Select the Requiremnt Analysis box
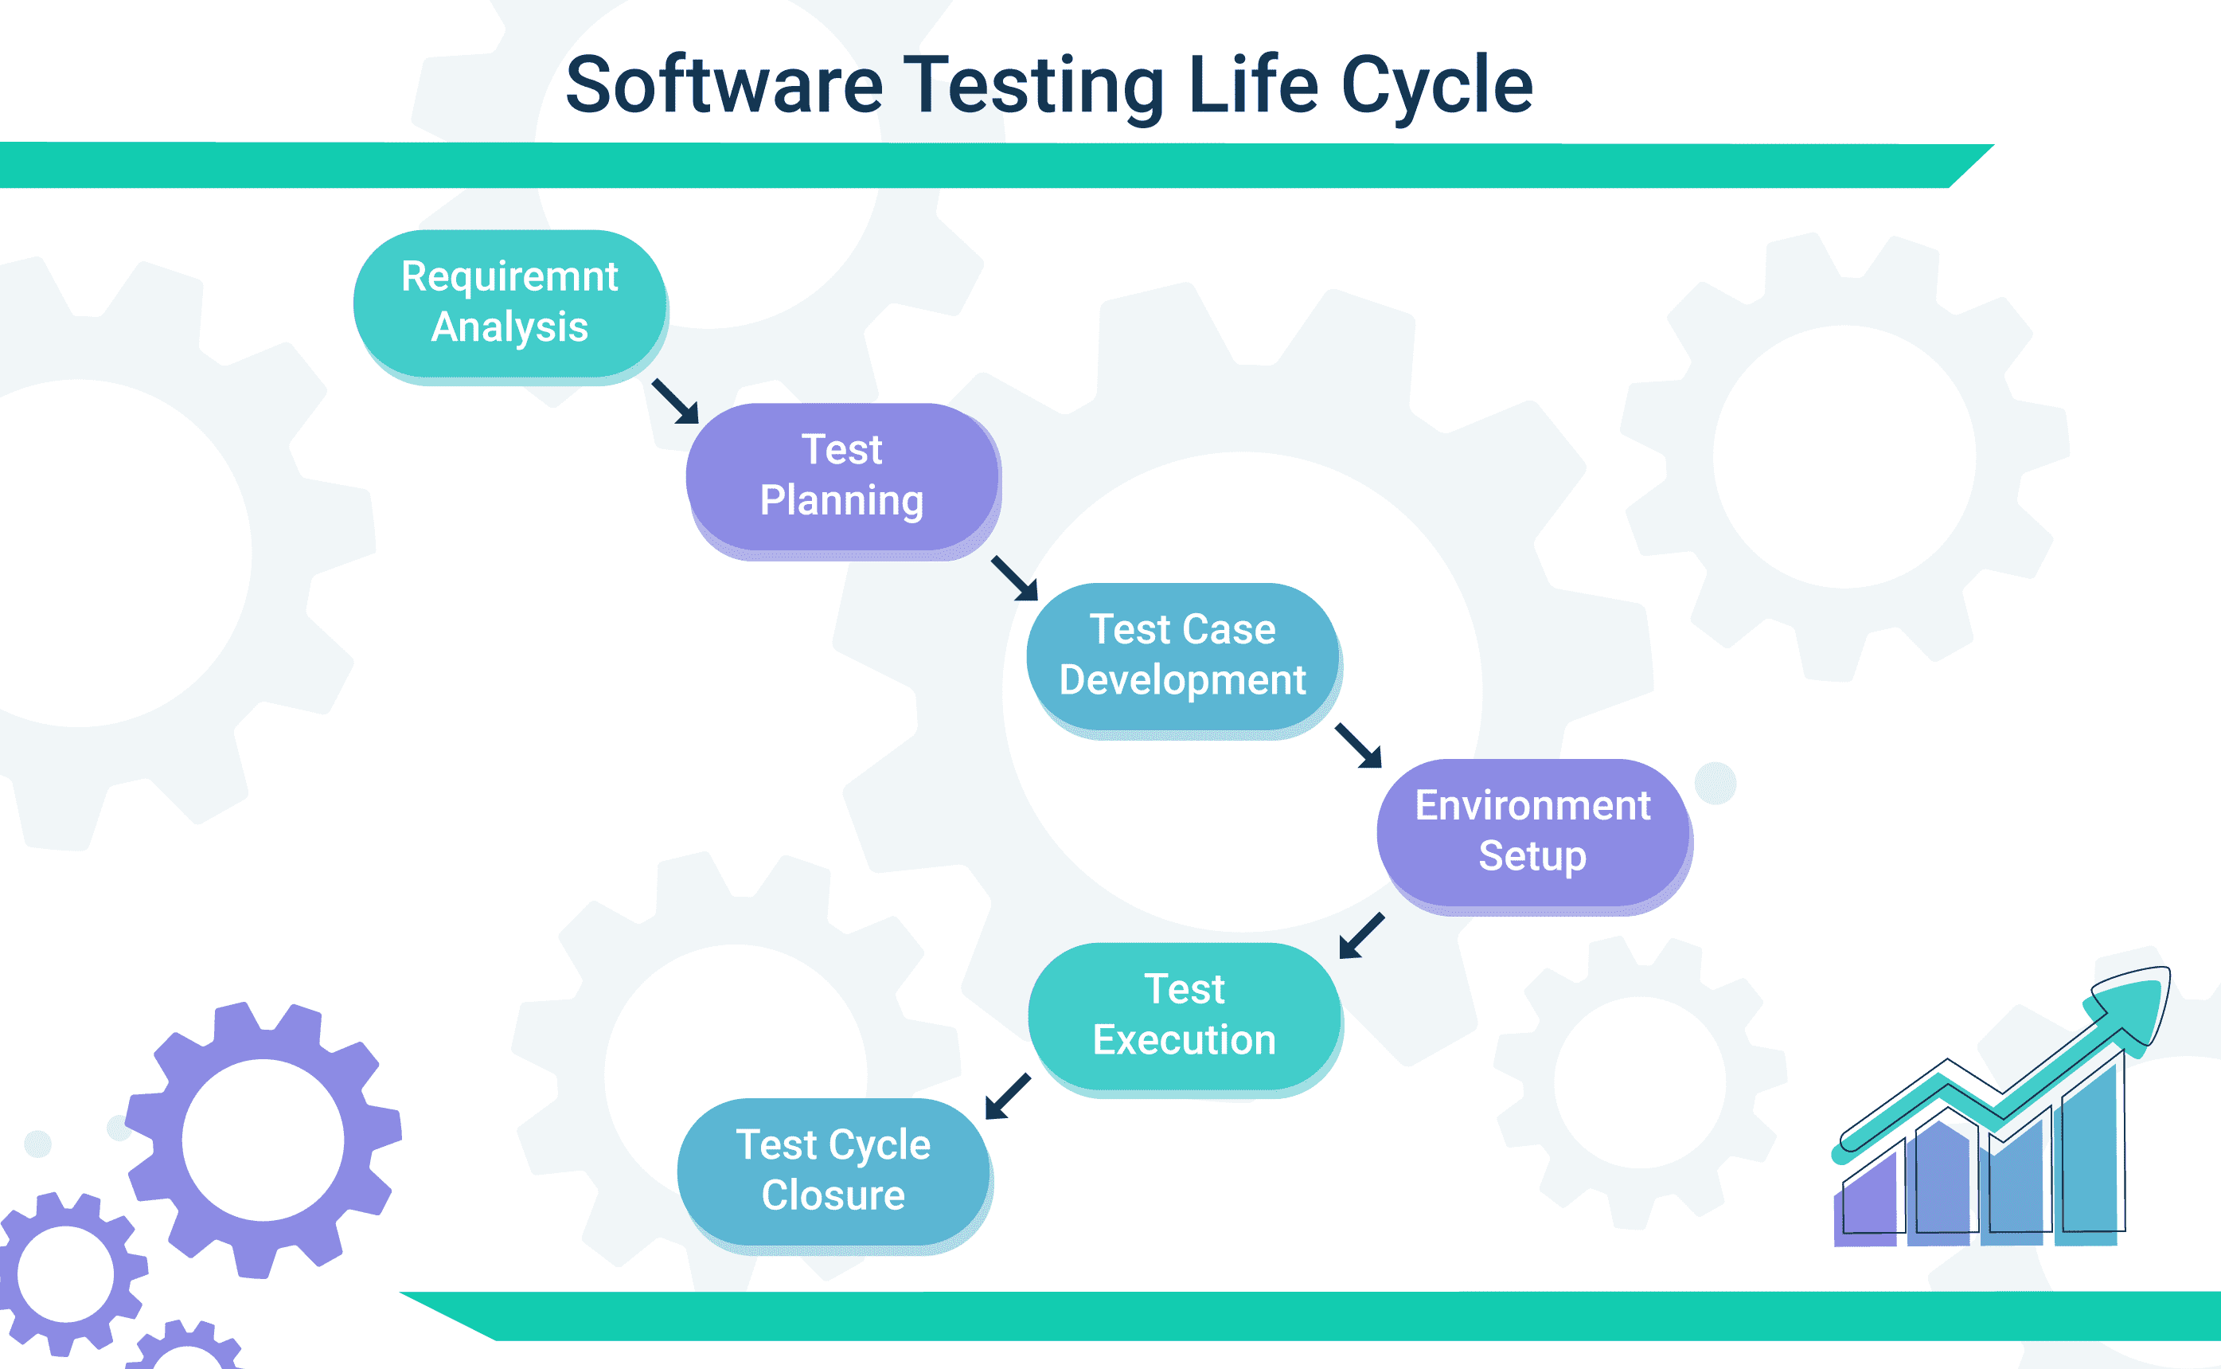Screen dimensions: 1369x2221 pyautogui.click(x=509, y=303)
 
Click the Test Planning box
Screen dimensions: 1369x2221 pyautogui.click(x=841, y=476)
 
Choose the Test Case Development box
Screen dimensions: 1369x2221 pyautogui.click(x=1182, y=655)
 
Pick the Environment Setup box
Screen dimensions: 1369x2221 pyautogui.click(x=1532, y=831)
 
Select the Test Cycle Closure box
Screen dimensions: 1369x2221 pyautogui.click(x=833, y=1171)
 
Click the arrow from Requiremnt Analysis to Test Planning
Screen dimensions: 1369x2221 pyautogui.click(x=676, y=401)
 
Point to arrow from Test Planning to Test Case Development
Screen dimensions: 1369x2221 pyautogui.click(x=1014, y=578)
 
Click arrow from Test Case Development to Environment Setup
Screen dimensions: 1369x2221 pyautogui.click(x=1359, y=745)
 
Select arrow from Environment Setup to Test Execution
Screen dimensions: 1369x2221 pyautogui.click(x=1361, y=935)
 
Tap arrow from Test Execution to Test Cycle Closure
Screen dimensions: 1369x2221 pyautogui.click(x=1007, y=1097)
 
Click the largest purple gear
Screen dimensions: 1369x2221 pyautogui.click(x=263, y=1140)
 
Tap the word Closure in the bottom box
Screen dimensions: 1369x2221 pyautogui.click(x=833, y=1196)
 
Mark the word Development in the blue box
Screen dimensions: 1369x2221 pyautogui.click(x=1182, y=680)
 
